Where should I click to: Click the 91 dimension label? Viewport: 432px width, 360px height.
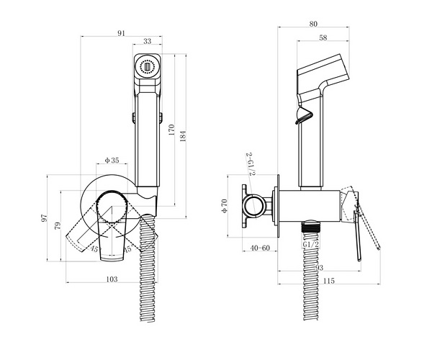pos(121,33)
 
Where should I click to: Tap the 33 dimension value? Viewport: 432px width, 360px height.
pos(148,41)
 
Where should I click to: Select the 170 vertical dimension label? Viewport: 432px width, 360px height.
pos(171,130)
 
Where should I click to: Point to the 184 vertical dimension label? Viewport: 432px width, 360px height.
pos(183,136)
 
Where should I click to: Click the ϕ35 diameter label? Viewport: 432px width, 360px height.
pos(112,160)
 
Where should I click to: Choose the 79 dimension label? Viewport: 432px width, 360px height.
pos(58,226)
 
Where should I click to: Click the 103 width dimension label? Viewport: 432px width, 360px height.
pos(112,279)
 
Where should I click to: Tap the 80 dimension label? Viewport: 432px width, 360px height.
pos(313,24)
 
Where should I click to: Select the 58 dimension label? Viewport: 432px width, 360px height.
pos(323,37)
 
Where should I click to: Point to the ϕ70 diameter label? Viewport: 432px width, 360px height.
pos(224,206)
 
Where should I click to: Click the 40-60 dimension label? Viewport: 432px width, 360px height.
pos(260,248)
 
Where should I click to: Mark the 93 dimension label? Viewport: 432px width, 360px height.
pos(319,267)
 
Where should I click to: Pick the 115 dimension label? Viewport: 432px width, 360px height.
pos(329,281)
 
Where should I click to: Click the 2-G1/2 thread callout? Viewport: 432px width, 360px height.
pos(251,164)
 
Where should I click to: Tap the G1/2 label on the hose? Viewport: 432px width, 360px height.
pos(311,244)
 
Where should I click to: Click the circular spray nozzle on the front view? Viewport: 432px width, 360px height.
pos(148,67)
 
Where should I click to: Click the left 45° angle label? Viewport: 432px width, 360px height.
pos(94,249)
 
